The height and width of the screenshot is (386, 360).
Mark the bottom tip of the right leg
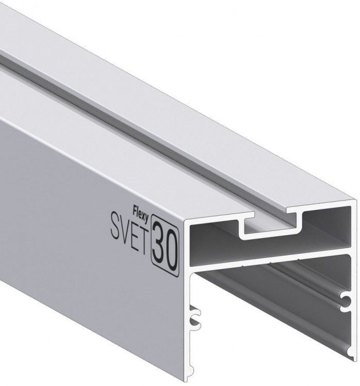[x=355, y=360]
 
